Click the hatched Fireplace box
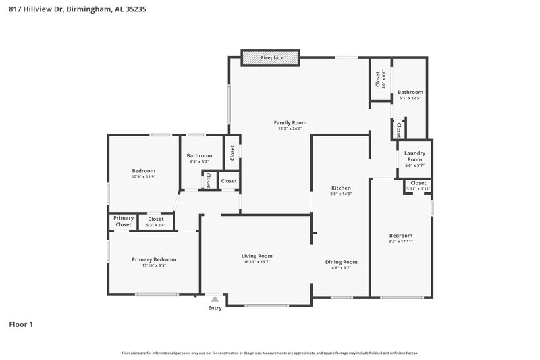click(x=270, y=58)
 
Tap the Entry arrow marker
click(x=215, y=299)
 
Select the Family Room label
click(x=290, y=122)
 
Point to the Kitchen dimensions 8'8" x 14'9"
click(x=341, y=194)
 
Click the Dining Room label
click(x=341, y=261)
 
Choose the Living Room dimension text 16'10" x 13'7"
click(x=257, y=262)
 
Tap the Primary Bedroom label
click(x=154, y=259)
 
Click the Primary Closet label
click(x=124, y=221)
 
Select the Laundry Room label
click(x=414, y=156)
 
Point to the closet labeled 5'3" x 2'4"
click(x=156, y=222)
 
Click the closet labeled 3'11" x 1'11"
click(x=418, y=185)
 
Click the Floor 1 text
click(x=21, y=325)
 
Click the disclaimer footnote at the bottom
click(x=270, y=353)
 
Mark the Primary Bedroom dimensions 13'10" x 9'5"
click(x=154, y=265)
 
